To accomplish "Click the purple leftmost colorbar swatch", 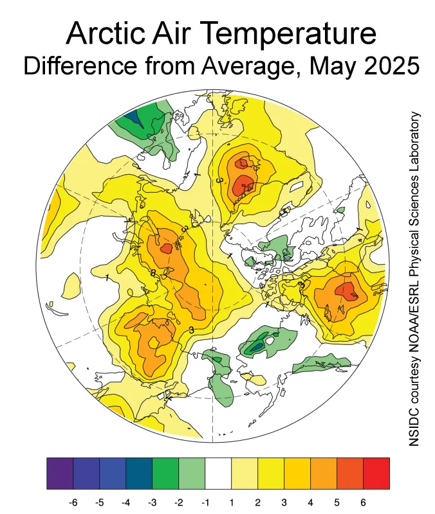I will pyautogui.click(x=60, y=474).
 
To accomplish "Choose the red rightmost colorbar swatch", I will pyautogui.click(x=376, y=474).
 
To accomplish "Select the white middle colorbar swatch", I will pyautogui.click(x=217, y=474).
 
